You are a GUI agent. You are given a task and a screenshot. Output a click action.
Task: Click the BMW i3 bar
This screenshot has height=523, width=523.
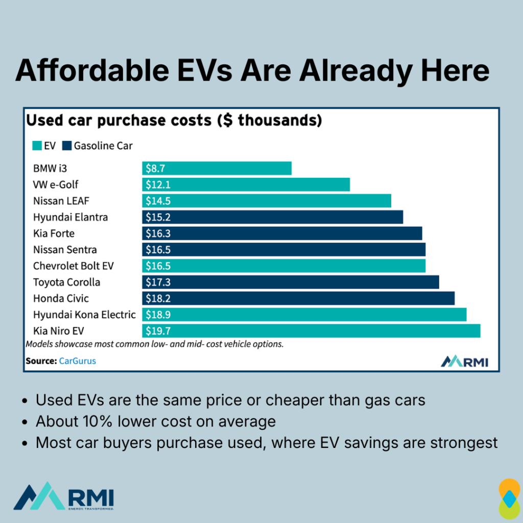[217, 169]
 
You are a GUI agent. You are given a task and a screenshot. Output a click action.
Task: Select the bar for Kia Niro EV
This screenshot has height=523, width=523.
[311, 331]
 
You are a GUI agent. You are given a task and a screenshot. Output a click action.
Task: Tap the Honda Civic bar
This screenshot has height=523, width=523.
[298, 298]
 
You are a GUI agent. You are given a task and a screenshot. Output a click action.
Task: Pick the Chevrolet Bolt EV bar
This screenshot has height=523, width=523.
[283, 266]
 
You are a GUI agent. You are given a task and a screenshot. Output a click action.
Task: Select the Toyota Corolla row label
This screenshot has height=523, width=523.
[66, 282]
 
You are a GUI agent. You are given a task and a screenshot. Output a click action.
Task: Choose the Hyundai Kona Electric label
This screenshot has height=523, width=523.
[84, 315]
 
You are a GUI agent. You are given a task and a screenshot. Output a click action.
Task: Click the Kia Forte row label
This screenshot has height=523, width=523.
[54, 233]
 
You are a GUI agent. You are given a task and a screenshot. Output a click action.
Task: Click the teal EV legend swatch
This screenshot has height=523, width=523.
[36, 146]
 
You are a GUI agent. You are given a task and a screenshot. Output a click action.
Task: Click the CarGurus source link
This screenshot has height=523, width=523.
[77, 361]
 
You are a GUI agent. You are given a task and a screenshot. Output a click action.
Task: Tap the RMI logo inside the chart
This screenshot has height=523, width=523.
[464, 361]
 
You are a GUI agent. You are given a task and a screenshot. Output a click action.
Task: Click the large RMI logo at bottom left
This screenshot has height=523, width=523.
[63, 496]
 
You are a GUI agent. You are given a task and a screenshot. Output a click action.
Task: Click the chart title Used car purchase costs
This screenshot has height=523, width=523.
[174, 121]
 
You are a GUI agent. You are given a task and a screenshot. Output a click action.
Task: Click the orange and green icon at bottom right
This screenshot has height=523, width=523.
[509, 498]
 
